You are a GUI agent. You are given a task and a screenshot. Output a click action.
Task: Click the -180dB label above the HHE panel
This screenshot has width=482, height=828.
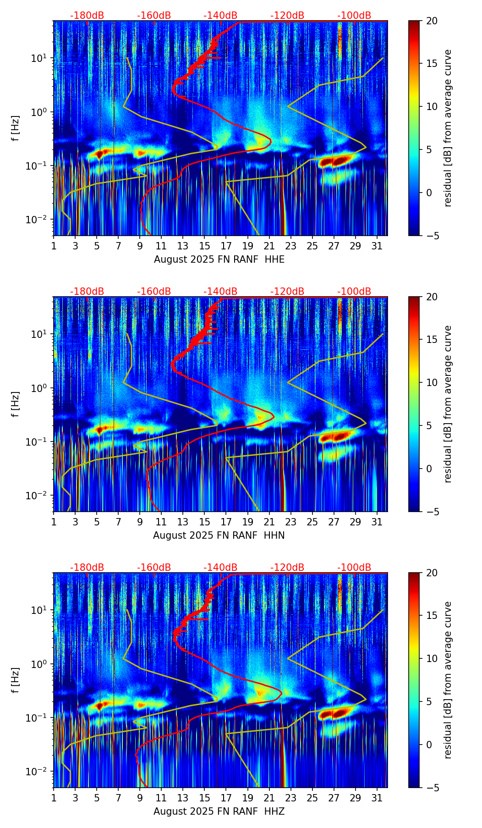pyautogui.click(x=87, y=16)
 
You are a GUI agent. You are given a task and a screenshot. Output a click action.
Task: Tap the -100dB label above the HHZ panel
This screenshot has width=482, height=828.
pyautogui.click(x=354, y=568)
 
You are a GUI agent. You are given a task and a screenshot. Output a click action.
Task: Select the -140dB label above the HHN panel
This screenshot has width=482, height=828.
pyautogui.click(x=220, y=292)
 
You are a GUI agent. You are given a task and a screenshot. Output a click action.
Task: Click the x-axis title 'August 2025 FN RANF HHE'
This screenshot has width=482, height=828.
pyautogui.click(x=219, y=259)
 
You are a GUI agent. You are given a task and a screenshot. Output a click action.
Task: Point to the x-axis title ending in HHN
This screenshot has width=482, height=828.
pyautogui.click(x=219, y=535)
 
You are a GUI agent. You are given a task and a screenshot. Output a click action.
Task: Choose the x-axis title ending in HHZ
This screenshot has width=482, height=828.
pyautogui.click(x=219, y=811)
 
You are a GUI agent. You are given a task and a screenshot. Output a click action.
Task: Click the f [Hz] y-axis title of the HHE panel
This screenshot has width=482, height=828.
pyautogui.click(x=16, y=128)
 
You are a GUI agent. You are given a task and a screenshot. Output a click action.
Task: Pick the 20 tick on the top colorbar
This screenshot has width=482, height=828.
pyautogui.click(x=432, y=21)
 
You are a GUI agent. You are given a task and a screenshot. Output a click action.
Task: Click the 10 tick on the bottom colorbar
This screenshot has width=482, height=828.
pyautogui.click(x=432, y=658)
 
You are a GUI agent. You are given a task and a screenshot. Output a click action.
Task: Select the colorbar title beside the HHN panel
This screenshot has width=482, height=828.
pyautogui.click(x=448, y=404)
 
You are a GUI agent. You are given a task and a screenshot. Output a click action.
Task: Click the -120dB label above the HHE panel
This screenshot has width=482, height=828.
pyautogui.click(x=287, y=16)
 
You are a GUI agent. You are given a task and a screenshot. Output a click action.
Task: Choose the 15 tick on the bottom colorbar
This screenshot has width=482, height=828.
pyautogui.click(x=432, y=616)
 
